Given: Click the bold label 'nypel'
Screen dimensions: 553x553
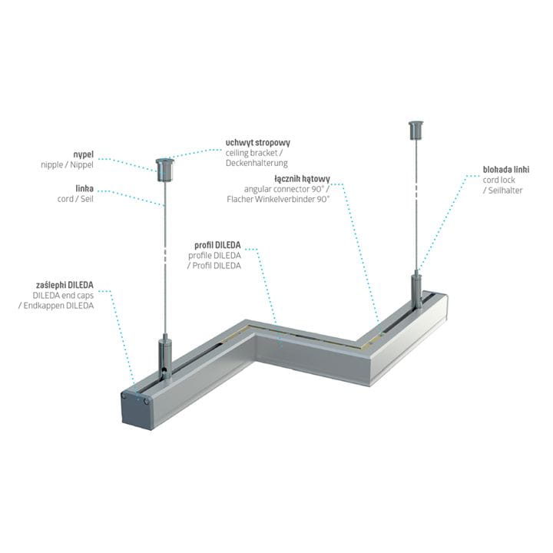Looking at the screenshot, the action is click(x=83, y=155).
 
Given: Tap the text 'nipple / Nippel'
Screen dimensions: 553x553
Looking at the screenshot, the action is click(x=67, y=164).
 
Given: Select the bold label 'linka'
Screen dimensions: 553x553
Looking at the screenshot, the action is click(x=84, y=188).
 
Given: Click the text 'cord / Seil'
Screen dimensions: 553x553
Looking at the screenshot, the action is click(x=75, y=199).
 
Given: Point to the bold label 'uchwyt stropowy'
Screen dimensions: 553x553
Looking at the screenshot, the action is click(x=258, y=143).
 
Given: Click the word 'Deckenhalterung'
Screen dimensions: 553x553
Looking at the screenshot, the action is click(x=257, y=163).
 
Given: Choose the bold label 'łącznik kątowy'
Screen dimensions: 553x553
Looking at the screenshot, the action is click(x=302, y=179).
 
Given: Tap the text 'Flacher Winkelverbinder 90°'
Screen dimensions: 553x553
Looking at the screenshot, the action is click(x=278, y=199).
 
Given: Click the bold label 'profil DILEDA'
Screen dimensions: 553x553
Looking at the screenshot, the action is click(x=217, y=245).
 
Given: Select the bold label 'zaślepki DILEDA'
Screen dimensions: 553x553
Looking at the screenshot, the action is click(x=65, y=285).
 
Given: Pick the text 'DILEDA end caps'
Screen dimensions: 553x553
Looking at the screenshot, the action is click(x=63, y=295).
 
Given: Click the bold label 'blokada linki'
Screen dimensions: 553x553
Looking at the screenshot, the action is click(x=506, y=170).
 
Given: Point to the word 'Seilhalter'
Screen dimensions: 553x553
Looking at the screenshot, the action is click(x=505, y=190).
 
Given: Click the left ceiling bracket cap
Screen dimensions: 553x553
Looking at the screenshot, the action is click(x=165, y=170).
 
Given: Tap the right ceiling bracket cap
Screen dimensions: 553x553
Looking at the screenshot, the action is click(x=416, y=130).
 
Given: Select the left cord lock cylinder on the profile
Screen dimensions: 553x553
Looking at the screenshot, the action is click(x=165, y=357).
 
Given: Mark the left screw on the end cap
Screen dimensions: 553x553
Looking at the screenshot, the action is click(x=124, y=396).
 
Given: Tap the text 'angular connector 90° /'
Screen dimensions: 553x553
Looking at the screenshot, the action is click(x=286, y=189).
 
